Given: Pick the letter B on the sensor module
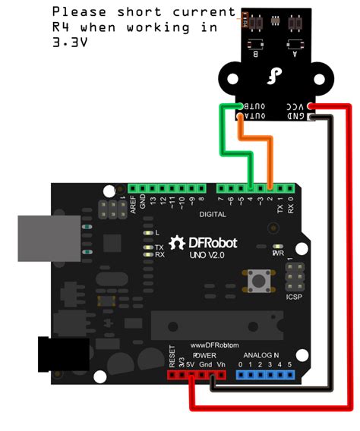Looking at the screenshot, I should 254,55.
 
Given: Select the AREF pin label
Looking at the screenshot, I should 134,202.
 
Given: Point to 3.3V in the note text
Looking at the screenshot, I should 69,42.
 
